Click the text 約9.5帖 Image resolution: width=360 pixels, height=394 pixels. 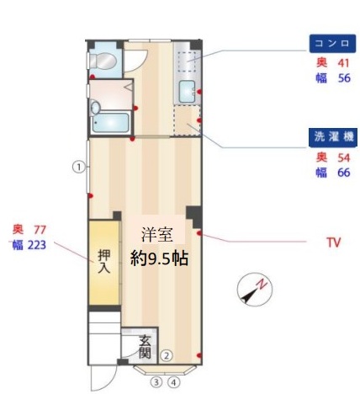pos(159,258)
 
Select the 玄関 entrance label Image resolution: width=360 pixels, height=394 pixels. pos(146,346)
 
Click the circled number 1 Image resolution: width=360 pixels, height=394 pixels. pos(77,166)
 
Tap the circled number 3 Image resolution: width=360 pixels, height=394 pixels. pos(156,381)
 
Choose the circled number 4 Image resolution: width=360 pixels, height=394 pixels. pos(174,381)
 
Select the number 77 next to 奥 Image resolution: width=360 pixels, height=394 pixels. pos(40,229)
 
